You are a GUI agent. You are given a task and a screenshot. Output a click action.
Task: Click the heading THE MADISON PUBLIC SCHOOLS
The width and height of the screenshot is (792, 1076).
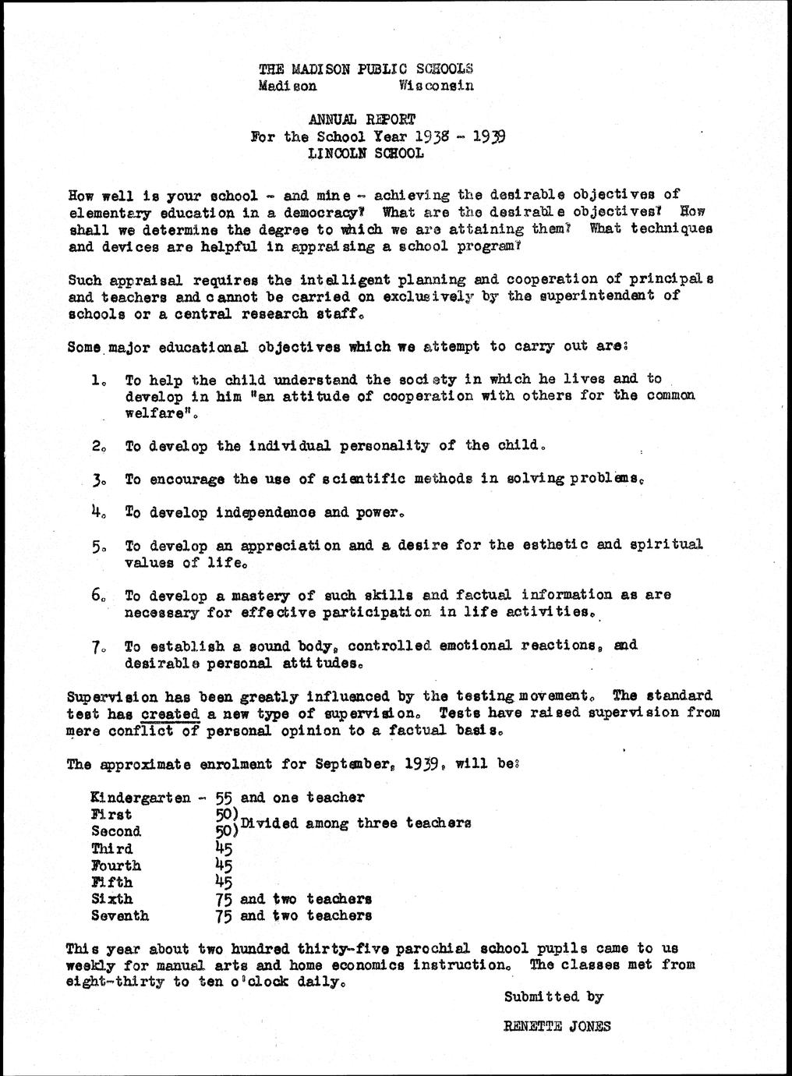(x=366, y=69)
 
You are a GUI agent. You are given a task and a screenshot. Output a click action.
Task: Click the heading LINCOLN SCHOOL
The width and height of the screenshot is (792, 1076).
(x=366, y=154)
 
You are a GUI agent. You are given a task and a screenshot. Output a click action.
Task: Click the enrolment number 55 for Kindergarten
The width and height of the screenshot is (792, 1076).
(x=225, y=798)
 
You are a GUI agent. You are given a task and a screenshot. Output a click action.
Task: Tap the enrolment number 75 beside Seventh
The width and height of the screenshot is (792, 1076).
(x=225, y=917)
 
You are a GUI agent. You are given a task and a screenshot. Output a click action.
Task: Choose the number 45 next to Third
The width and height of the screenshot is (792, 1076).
(x=225, y=849)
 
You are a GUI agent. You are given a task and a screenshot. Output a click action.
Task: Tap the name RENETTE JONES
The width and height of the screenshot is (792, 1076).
(x=557, y=1026)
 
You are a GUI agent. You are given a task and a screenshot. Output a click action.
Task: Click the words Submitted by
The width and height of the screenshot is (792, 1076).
(x=553, y=997)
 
